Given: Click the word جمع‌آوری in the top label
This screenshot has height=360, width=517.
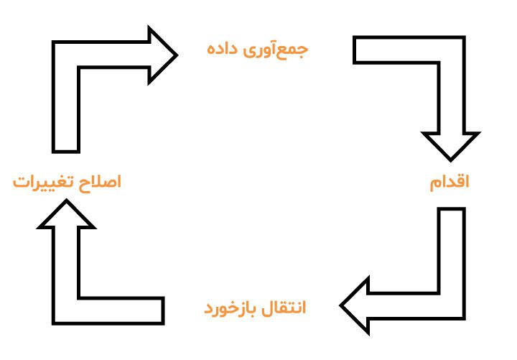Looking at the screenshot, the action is point(276,50).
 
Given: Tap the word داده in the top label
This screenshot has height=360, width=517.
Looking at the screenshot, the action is point(222,49).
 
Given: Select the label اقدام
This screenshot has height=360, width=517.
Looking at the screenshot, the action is point(450,183).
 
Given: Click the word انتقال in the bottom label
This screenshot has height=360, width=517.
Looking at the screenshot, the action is point(284,308).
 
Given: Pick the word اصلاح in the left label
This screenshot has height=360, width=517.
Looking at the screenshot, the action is point(100,182).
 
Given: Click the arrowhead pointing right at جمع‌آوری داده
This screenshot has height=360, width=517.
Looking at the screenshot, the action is point(163,55).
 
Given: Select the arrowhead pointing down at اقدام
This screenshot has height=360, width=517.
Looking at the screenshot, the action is point(451,146).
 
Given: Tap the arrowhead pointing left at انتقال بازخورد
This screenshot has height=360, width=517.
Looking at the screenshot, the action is point(355,305).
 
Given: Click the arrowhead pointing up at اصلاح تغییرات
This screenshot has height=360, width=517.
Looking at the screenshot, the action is point(66,214).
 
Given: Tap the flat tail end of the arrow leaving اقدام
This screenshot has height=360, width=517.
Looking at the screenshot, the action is point(452,208).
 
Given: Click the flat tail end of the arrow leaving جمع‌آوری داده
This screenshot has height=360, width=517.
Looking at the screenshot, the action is point(355,50).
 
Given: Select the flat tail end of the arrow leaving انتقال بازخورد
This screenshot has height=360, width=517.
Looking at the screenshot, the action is point(163,311).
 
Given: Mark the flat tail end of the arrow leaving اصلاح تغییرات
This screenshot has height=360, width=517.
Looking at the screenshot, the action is point(66,152).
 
